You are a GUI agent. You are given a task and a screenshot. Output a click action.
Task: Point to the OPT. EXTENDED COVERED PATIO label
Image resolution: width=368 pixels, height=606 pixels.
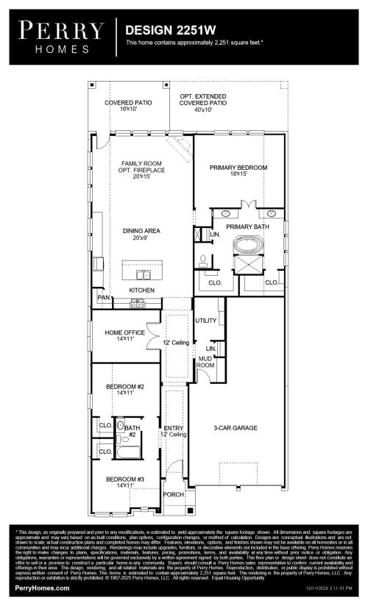[x=203, y=102]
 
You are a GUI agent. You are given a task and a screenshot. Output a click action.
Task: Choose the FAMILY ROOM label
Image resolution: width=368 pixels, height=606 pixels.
[x=142, y=165]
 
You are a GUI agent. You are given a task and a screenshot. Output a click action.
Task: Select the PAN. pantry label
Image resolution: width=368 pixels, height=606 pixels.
[x=103, y=298]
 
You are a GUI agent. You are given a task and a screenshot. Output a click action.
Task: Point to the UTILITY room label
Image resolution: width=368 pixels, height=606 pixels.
[x=205, y=321]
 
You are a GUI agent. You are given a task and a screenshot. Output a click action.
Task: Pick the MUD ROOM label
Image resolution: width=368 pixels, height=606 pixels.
[x=205, y=362]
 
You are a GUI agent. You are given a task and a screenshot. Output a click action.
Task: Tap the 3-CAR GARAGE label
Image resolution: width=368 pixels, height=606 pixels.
[x=236, y=427]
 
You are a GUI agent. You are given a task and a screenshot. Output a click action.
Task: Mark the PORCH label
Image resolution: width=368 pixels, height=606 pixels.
[x=173, y=494]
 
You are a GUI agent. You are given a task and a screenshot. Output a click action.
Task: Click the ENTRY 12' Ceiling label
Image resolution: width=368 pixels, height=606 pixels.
[x=174, y=431]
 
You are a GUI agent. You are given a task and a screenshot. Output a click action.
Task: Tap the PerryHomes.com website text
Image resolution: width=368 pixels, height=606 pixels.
[x=43, y=588]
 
